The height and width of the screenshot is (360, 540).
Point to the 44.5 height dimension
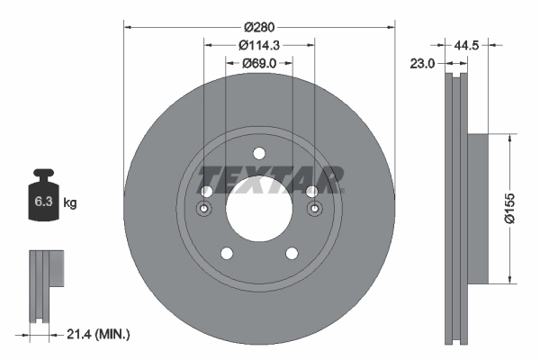point(466,42)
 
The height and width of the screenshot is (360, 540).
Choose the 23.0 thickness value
point(423,63)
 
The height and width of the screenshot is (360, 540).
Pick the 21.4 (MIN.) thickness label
point(99,335)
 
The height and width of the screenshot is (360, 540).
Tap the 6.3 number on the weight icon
point(42,202)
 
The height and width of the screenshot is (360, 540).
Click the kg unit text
point(70,203)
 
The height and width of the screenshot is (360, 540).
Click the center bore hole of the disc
point(259,210)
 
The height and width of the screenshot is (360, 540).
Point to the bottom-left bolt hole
point(227,253)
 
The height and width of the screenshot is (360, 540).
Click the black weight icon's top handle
point(42,174)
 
